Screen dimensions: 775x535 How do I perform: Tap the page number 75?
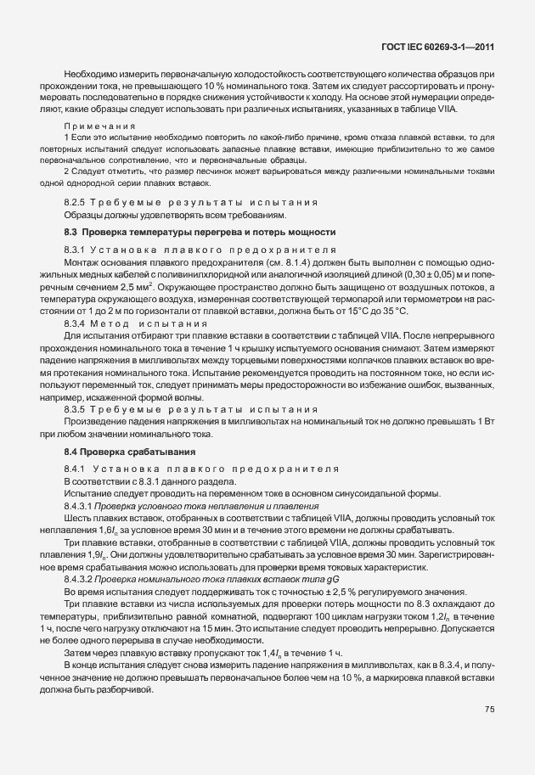pos(490,710)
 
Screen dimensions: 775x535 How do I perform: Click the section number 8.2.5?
pos(78,203)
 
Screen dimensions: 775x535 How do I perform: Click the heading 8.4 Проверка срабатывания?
pos(130,451)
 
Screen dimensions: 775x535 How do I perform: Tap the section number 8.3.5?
pos(78,408)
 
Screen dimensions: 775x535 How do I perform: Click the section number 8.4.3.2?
pos(82,578)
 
